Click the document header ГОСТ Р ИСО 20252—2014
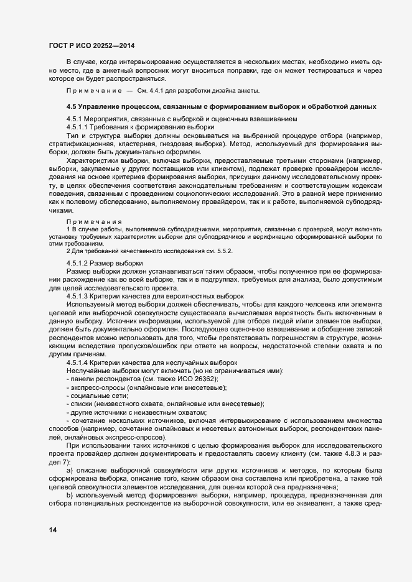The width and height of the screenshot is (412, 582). [x=91, y=46]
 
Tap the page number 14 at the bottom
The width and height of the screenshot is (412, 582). [x=52, y=529]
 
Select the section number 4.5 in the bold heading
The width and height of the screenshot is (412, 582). [x=71, y=106]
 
